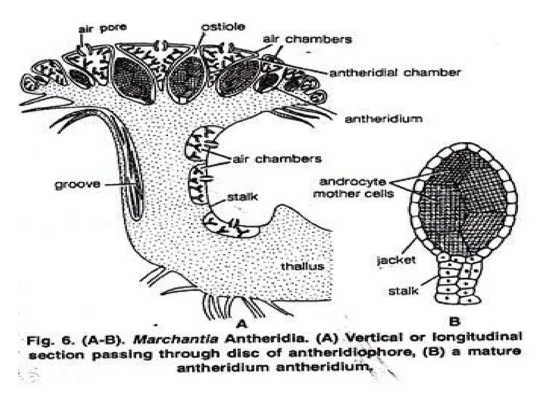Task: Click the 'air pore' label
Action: point(103,28)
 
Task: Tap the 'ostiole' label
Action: point(223,27)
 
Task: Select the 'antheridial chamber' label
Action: point(395,72)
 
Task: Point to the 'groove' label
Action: point(78,184)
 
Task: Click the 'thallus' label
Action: point(302,266)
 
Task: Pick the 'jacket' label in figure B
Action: point(396,260)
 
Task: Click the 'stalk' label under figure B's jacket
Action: point(404,291)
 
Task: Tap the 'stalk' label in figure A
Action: point(242,197)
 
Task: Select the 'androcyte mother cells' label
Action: point(353,188)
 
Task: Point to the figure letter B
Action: point(454,321)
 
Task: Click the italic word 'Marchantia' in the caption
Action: point(175,338)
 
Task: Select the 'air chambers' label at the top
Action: point(308,39)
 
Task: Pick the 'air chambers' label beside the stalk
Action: point(277,159)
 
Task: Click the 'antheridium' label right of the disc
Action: point(384,119)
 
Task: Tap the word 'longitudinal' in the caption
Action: point(477,337)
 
